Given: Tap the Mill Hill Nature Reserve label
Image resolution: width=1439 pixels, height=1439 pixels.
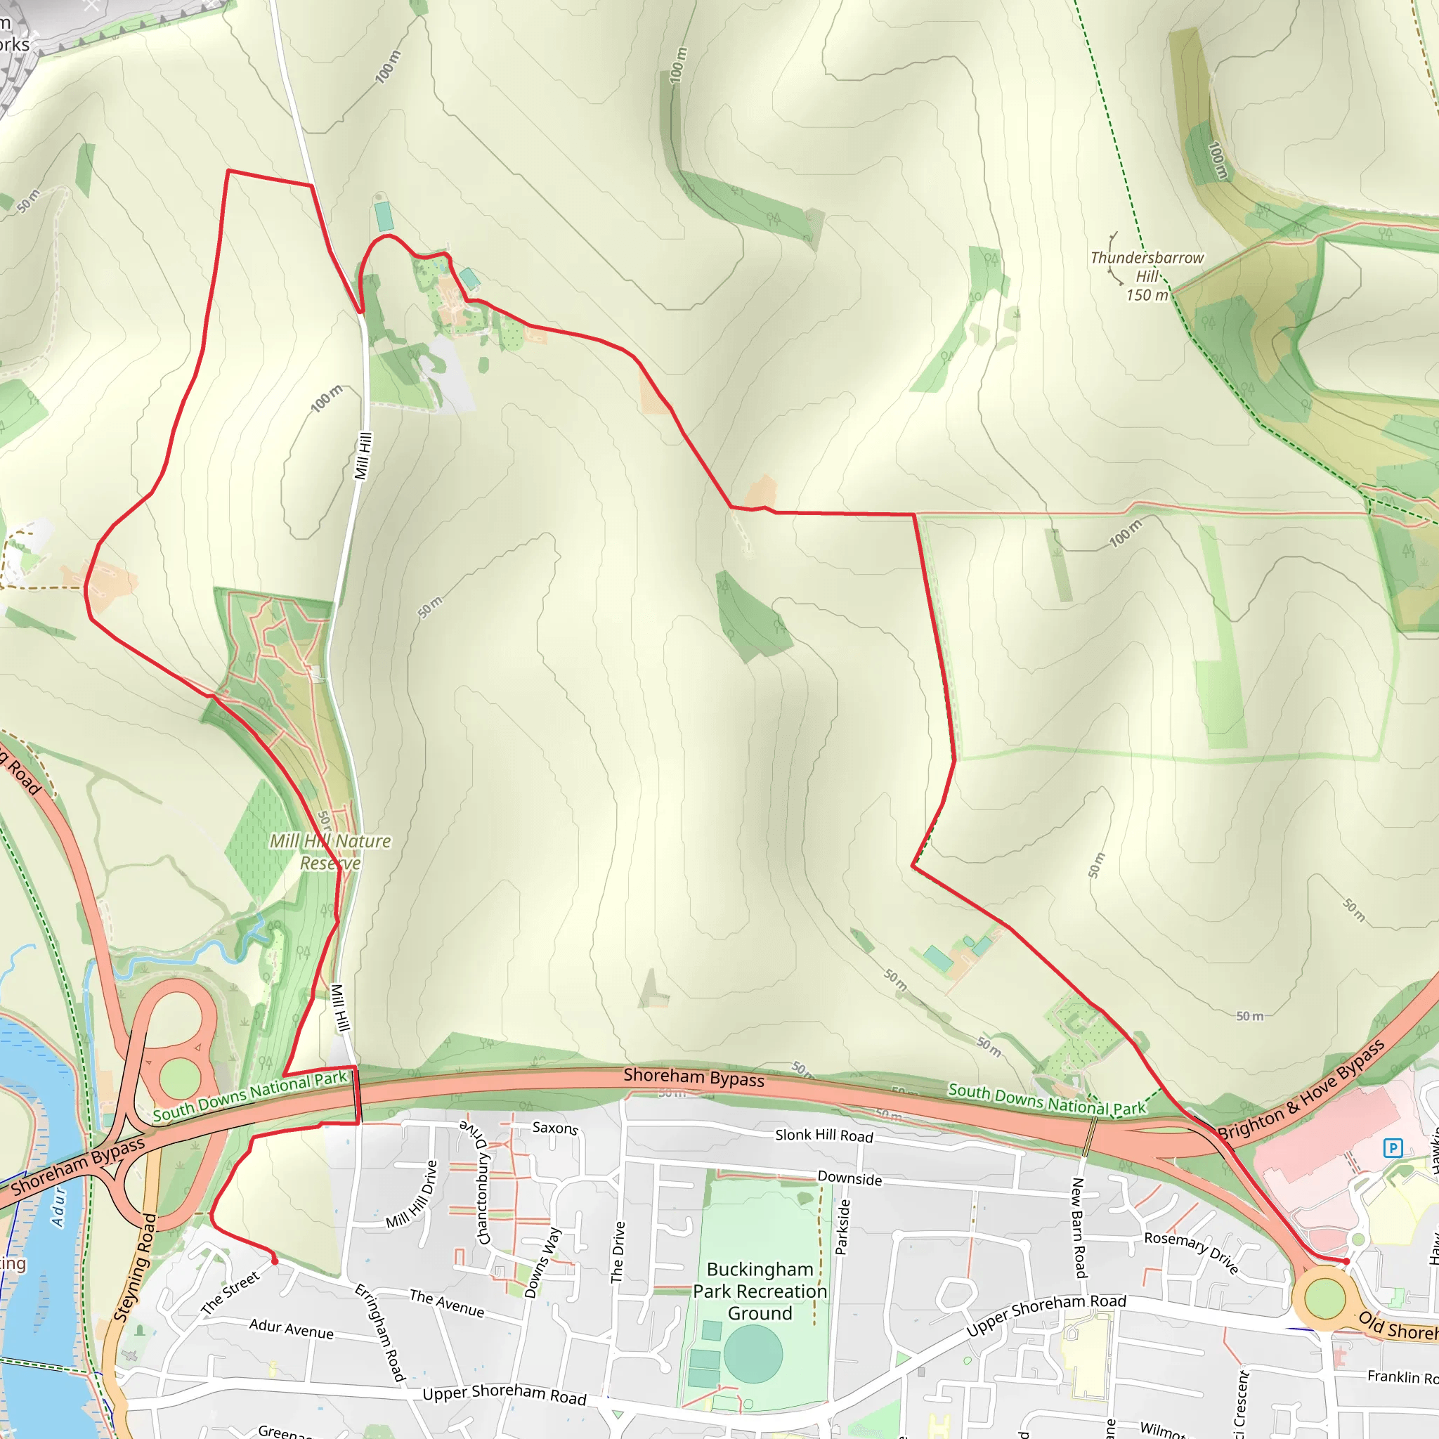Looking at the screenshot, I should click(x=330, y=852).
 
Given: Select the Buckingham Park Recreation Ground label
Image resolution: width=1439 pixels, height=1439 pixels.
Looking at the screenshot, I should click(x=760, y=1291).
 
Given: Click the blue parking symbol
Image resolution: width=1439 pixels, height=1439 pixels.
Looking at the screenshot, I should click(x=1392, y=1148).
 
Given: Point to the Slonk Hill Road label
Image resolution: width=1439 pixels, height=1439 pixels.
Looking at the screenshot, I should click(x=823, y=1135).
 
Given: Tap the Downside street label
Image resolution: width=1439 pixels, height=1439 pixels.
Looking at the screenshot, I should click(x=850, y=1178).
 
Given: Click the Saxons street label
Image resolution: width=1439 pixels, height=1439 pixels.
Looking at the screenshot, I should click(x=555, y=1128).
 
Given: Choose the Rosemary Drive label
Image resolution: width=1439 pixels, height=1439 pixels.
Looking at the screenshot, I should click(x=1192, y=1252).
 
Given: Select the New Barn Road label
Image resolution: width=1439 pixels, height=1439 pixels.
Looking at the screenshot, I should click(x=1079, y=1227).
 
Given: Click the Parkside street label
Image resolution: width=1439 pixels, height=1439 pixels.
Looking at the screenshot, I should click(x=842, y=1227).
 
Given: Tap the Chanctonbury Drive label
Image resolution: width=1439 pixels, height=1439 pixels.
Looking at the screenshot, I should click(x=483, y=1181).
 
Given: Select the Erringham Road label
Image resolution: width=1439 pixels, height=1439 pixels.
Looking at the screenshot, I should click(x=380, y=1331).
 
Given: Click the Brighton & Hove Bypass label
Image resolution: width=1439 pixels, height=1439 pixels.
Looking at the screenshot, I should click(x=1301, y=1092).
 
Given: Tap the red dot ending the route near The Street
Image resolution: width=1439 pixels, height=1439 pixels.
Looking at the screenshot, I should click(x=275, y=1261).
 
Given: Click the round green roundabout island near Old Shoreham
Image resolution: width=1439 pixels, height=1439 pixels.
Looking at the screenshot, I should click(x=1324, y=1298).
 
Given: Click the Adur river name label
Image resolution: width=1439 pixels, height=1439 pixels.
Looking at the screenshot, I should click(x=59, y=1207).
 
